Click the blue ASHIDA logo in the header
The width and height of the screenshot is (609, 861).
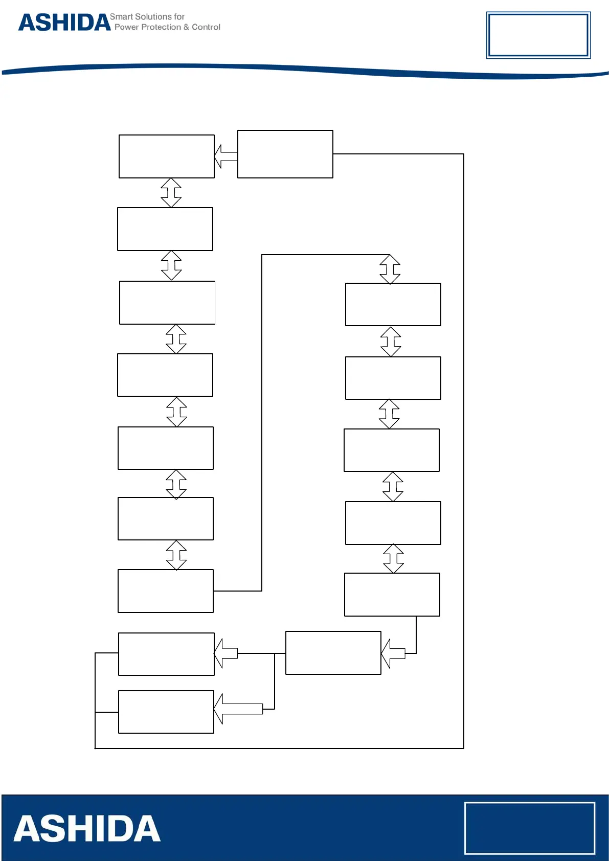coord(64,22)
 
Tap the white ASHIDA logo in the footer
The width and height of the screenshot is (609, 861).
coord(87,829)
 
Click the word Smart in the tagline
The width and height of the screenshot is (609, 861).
coord(121,17)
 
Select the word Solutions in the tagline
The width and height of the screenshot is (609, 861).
coord(153,17)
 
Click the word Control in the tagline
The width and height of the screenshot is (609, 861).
coord(206,27)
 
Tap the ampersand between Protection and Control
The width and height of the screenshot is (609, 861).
coord(187,27)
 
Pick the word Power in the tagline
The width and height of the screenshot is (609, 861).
coord(126,27)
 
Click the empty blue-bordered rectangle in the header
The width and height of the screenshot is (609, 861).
coord(538,35)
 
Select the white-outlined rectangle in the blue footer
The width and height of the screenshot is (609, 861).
coord(529,828)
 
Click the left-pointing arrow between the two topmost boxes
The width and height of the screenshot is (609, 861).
coord(225,156)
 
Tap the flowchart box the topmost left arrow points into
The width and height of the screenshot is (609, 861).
coord(166,156)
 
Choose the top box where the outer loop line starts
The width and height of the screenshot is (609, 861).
coord(285,154)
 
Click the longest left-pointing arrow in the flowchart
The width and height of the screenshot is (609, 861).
coord(238,709)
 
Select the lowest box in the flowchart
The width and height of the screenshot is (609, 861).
coord(166,712)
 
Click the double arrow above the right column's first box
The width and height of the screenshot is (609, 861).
coord(390,269)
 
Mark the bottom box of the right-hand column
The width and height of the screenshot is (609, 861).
coord(392,594)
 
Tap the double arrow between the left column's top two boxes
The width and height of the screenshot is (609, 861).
coord(171,193)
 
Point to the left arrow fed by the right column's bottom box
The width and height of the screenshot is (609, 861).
coord(393,653)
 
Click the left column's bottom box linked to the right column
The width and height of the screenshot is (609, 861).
coord(166,591)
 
